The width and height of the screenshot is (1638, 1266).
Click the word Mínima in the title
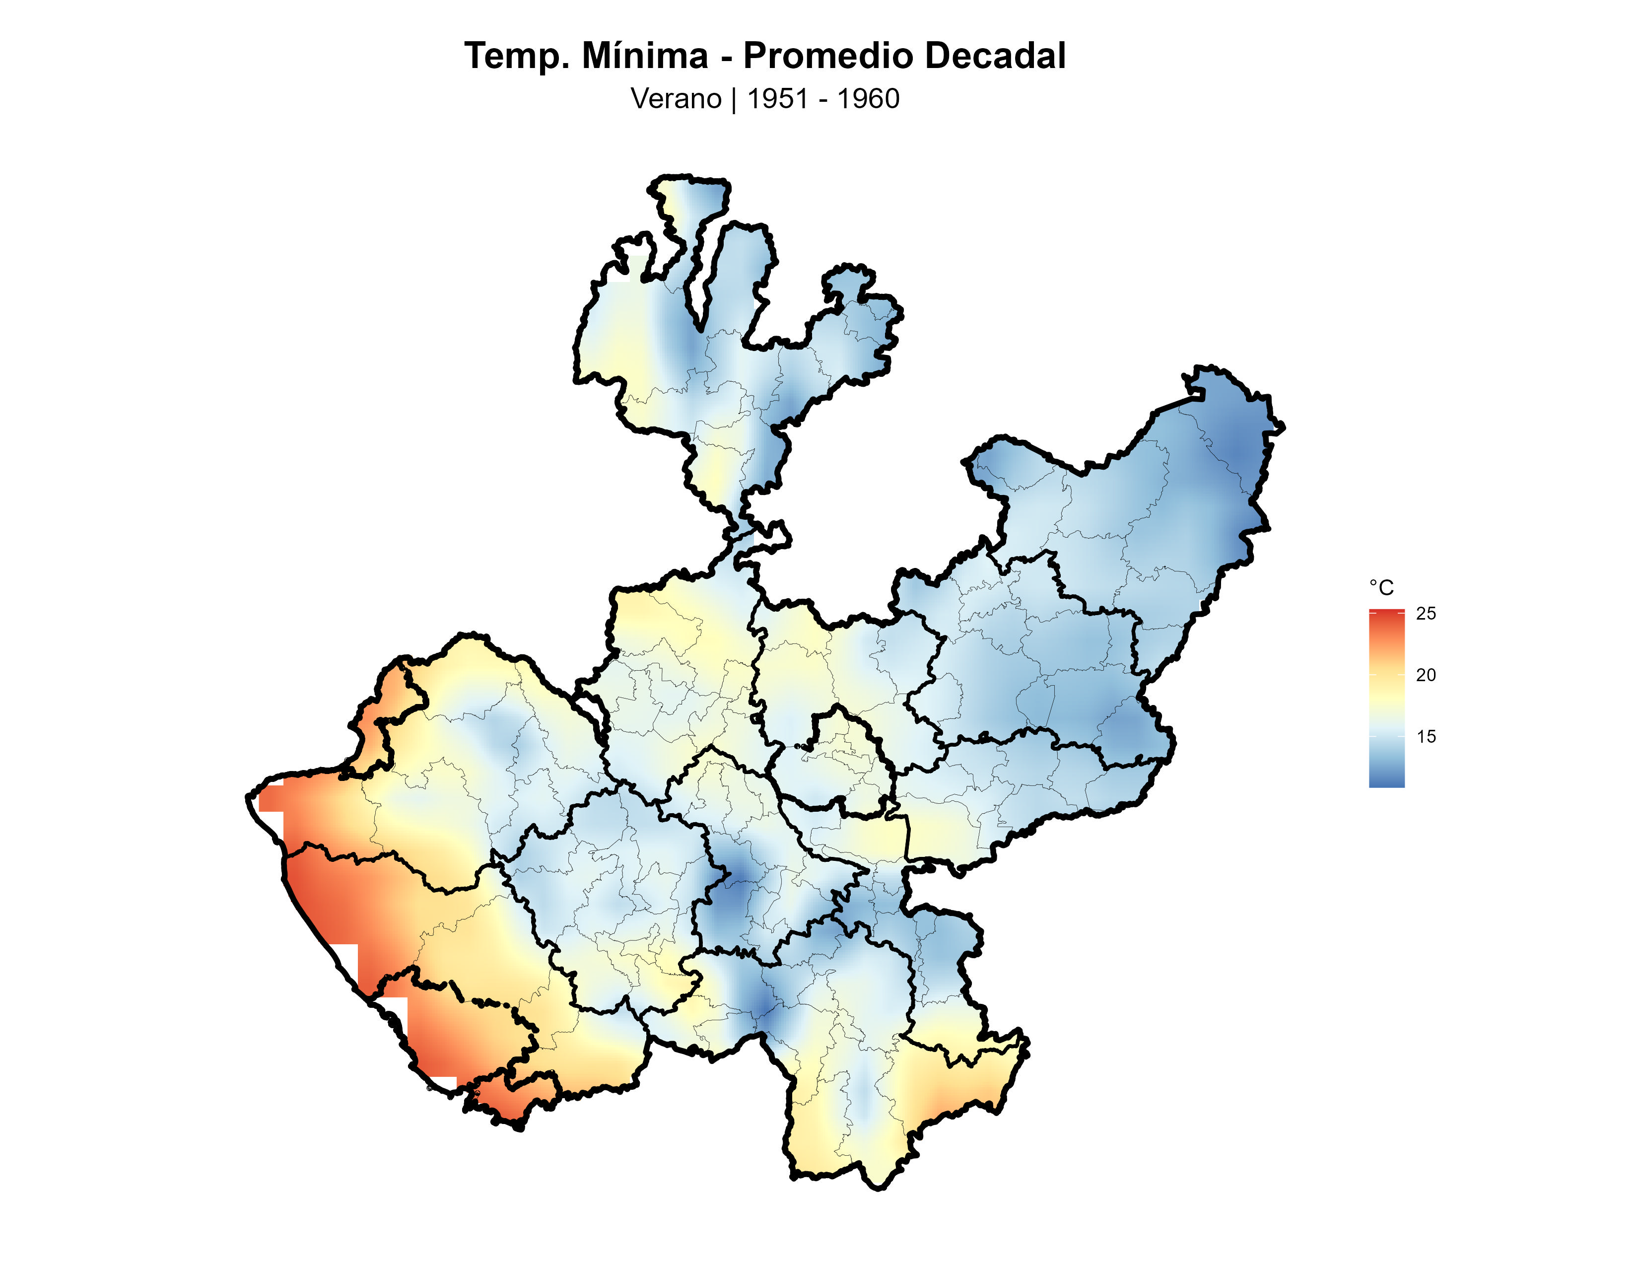(x=644, y=56)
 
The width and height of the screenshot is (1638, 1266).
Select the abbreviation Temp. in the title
(x=518, y=56)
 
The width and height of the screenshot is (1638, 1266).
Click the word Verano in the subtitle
(x=676, y=99)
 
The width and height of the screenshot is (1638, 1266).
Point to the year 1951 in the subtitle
(x=777, y=99)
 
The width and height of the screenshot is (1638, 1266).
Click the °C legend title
(x=1381, y=588)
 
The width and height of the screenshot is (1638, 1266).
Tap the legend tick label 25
(x=1426, y=614)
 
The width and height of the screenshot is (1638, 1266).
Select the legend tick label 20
(x=1426, y=675)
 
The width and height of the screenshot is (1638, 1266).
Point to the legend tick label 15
(x=1426, y=736)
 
